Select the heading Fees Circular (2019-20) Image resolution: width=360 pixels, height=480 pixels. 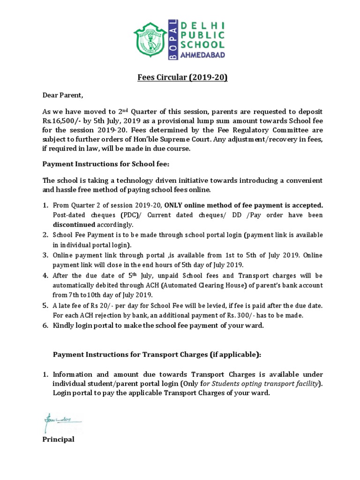tap(180, 77)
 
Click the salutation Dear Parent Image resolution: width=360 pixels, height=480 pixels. tap(62, 97)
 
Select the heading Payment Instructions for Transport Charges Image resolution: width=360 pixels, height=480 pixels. tap(156, 355)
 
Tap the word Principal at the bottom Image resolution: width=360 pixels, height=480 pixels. tap(59, 439)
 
